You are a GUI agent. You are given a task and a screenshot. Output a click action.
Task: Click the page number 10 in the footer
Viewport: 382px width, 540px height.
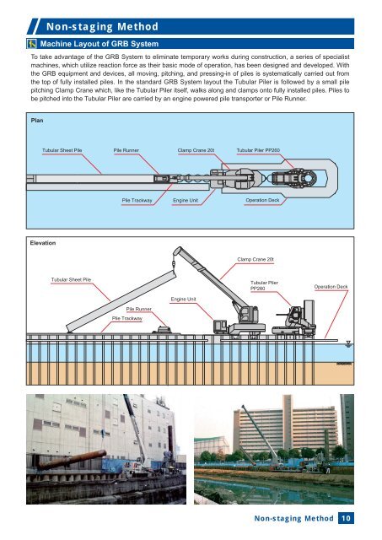346,518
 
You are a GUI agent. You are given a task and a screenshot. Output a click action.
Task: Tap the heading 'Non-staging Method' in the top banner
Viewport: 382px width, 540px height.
102,26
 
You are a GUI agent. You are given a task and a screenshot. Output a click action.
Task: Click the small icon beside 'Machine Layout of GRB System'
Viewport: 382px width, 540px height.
32,44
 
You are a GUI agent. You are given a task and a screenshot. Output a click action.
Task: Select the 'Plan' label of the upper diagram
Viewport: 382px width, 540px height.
37,120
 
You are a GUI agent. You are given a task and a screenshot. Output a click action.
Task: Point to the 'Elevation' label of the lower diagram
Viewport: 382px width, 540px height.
43,243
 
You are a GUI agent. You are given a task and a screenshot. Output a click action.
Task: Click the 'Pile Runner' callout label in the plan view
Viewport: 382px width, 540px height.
126,150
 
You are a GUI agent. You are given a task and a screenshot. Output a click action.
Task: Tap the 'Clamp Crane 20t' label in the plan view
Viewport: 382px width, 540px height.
196,150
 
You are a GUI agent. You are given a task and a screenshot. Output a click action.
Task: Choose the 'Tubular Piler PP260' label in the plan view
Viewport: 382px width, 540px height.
258,150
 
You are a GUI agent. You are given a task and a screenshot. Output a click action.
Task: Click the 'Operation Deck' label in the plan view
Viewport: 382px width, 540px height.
262,200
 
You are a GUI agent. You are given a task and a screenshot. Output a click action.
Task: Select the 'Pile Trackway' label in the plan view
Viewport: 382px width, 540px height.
137,201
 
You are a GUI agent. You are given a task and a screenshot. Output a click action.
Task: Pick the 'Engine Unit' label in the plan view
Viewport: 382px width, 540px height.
186,201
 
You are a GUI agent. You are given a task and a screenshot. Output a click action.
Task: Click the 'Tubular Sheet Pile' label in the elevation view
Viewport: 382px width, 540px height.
71,279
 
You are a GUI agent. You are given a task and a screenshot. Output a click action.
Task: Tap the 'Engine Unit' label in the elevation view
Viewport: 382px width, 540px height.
184,300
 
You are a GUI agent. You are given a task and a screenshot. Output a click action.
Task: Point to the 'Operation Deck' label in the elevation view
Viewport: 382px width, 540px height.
331,287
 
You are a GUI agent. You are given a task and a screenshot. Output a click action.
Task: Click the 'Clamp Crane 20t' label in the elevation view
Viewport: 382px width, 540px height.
256,259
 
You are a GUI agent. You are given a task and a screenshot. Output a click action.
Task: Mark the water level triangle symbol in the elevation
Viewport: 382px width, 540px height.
348,343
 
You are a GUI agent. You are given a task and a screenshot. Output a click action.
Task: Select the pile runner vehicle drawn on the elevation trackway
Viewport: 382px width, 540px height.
163,330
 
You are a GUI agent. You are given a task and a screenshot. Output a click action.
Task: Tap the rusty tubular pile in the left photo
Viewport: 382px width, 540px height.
72,460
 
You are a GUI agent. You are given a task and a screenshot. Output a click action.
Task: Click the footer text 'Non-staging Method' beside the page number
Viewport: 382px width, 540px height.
294,518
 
